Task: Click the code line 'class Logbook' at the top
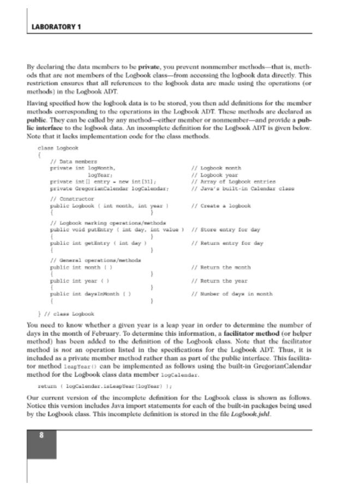[58, 148]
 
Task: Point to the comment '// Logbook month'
[217, 169]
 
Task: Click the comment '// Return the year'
[219, 280]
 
